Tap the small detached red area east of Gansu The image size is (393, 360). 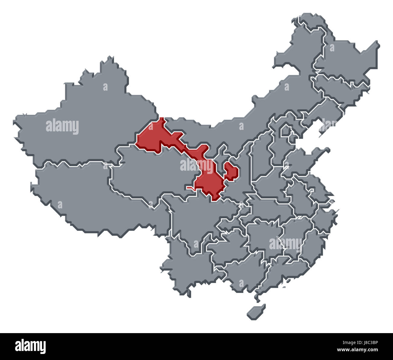coord(231,171)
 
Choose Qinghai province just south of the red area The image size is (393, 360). coord(151,175)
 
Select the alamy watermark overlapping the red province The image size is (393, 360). coord(197,166)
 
